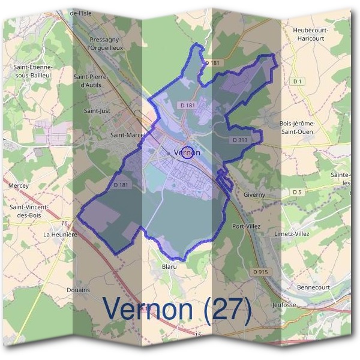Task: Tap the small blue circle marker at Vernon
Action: pos(187,152)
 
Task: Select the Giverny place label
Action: pos(259,195)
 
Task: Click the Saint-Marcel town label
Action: pos(128,135)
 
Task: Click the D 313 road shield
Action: pos(239,139)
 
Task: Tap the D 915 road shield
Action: pos(260,272)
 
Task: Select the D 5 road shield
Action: pos(296,192)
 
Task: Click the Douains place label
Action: pos(79,289)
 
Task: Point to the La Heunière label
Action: pos(61,234)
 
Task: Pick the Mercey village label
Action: pos(19,186)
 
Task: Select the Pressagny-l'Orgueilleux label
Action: pos(106,43)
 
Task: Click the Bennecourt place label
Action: pos(313,287)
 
